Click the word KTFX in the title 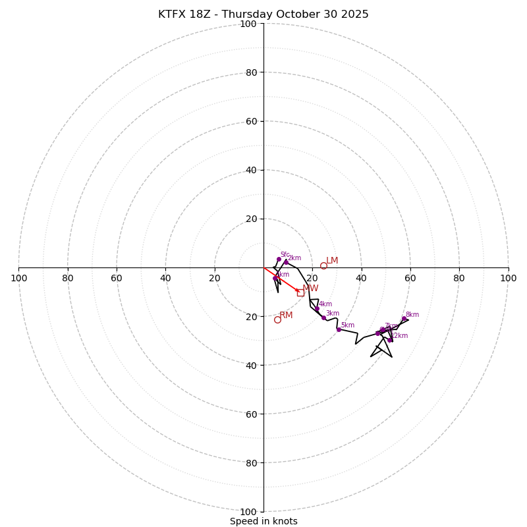[x=172, y=14]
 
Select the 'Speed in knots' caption [x=263, y=521]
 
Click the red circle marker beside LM [x=323, y=266]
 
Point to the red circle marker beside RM [x=277, y=319]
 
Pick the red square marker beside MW [x=300, y=292]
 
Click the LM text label [x=332, y=261]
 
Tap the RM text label [x=286, y=316]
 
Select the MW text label [x=310, y=289]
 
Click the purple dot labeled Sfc [x=279, y=260]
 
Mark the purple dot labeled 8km [x=404, y=319]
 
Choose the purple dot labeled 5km [x=339, y=329]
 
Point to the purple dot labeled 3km [x=323, y=318]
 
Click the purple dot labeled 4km [x=317, y=308]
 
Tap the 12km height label [x=400, y=336]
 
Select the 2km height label [x=294, y=258]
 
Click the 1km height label [x=282, y=275]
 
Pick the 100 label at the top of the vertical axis [x=248, y=24]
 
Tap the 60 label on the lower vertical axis [x=248, y=414]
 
